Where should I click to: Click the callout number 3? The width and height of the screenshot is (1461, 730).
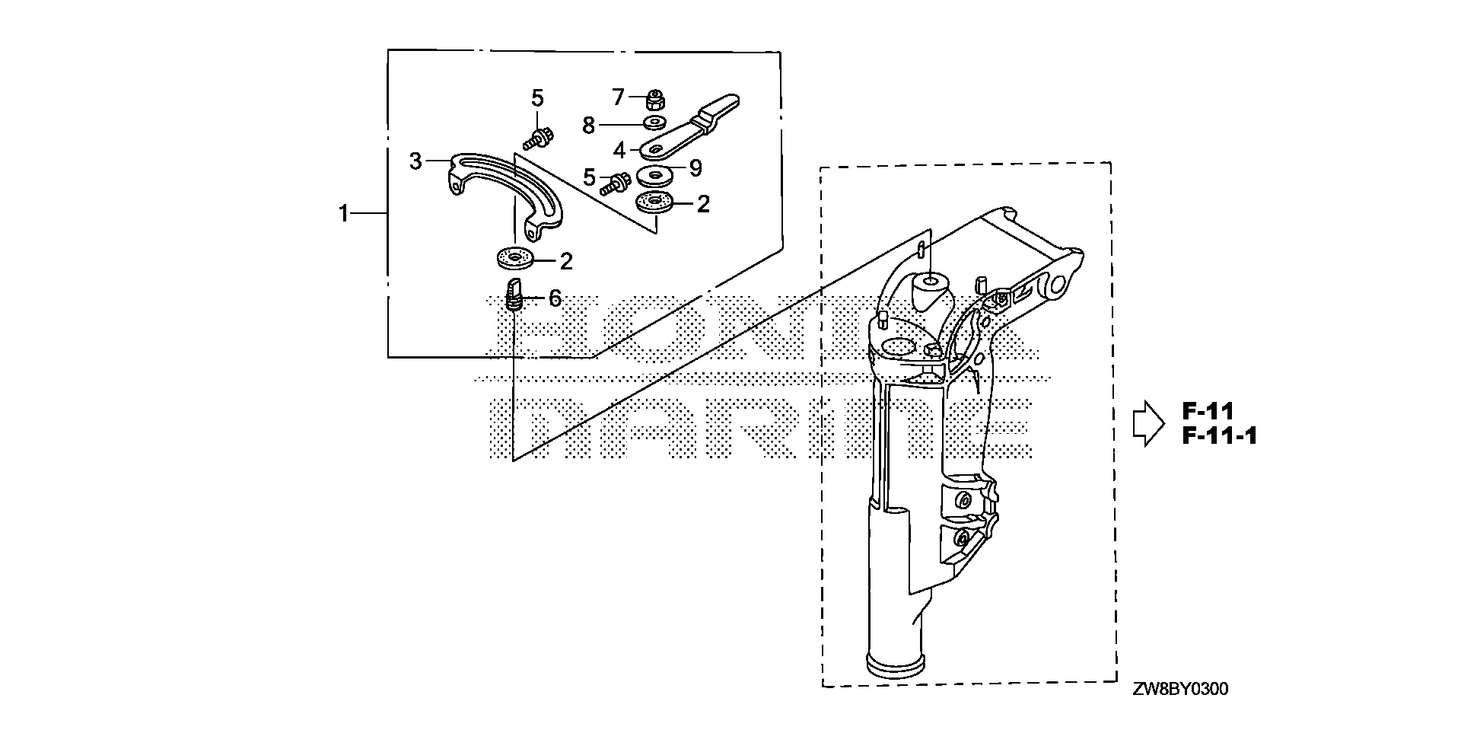[x=415, y=161]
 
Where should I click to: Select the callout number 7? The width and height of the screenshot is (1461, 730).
[x=619, y=97]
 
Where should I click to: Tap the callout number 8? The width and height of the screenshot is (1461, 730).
[x=588, y=125]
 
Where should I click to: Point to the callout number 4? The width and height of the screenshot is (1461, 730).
[x=619, y=150]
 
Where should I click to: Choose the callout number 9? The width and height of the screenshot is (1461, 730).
[x=695, y=168]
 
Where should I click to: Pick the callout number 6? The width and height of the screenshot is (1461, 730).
[x=555, y=298]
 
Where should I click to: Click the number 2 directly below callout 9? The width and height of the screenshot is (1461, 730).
[x=703, y=203]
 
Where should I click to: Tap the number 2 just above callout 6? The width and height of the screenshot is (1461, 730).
[x=565, y=261]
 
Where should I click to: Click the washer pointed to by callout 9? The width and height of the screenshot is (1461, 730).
[x=655, y=175]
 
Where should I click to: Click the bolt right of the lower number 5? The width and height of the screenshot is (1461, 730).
[x=615, y=183]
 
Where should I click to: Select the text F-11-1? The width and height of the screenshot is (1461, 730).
[x=1219, y=436]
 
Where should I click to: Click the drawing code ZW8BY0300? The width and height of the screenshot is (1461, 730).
[x=1180, y=690]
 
